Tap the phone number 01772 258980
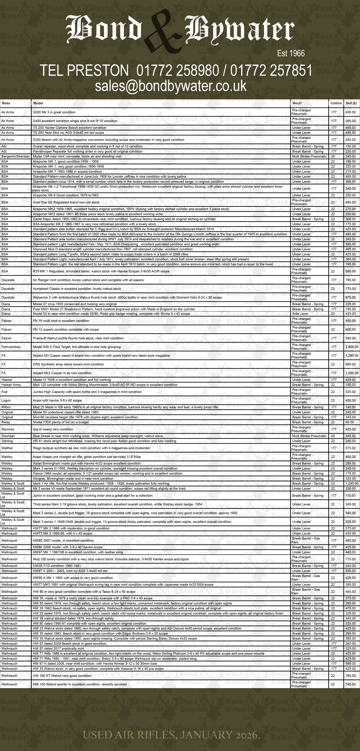click(x=178, y=71)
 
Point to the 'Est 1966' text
click(x=291, y=53)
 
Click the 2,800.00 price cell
click(x=352, y=347)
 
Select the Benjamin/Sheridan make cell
click(x=16, y=156)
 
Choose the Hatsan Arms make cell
click(x=11, y=385)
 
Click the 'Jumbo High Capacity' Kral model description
click(x=87, y=392)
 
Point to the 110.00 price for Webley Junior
click(x=351, y=496)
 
